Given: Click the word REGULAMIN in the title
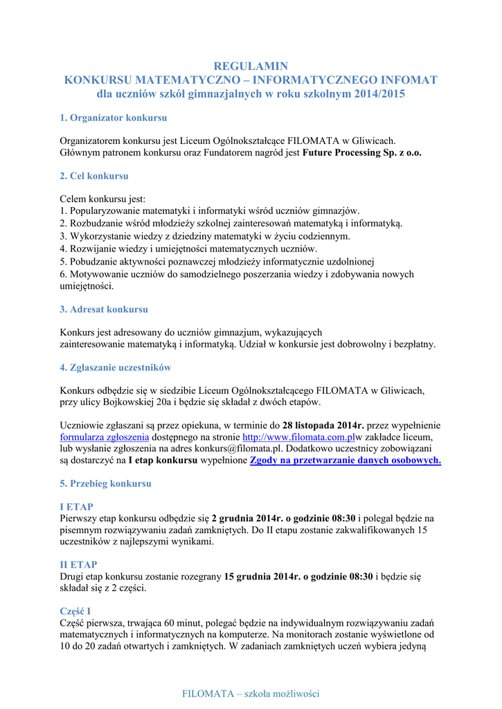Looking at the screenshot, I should (251, 66).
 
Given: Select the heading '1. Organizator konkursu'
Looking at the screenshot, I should (114, 118).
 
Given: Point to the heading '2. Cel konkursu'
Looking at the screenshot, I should (94, 177).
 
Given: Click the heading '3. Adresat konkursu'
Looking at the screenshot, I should (104, 309).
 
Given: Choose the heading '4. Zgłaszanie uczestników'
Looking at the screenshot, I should (116, 368).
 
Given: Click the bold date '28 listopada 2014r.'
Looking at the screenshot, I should (323, 426).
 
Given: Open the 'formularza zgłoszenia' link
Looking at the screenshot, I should (105, 438).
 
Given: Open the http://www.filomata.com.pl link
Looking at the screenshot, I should (298, 438).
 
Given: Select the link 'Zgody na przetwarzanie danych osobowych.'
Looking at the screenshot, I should (345, 460).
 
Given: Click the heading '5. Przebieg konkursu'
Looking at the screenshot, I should (105, 483).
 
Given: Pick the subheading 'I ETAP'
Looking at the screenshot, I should (77, 507).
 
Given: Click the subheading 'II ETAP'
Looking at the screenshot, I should (79, 565).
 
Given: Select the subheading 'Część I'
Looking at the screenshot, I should (75, 611).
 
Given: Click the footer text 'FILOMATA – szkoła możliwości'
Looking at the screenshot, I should (251, 694).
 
